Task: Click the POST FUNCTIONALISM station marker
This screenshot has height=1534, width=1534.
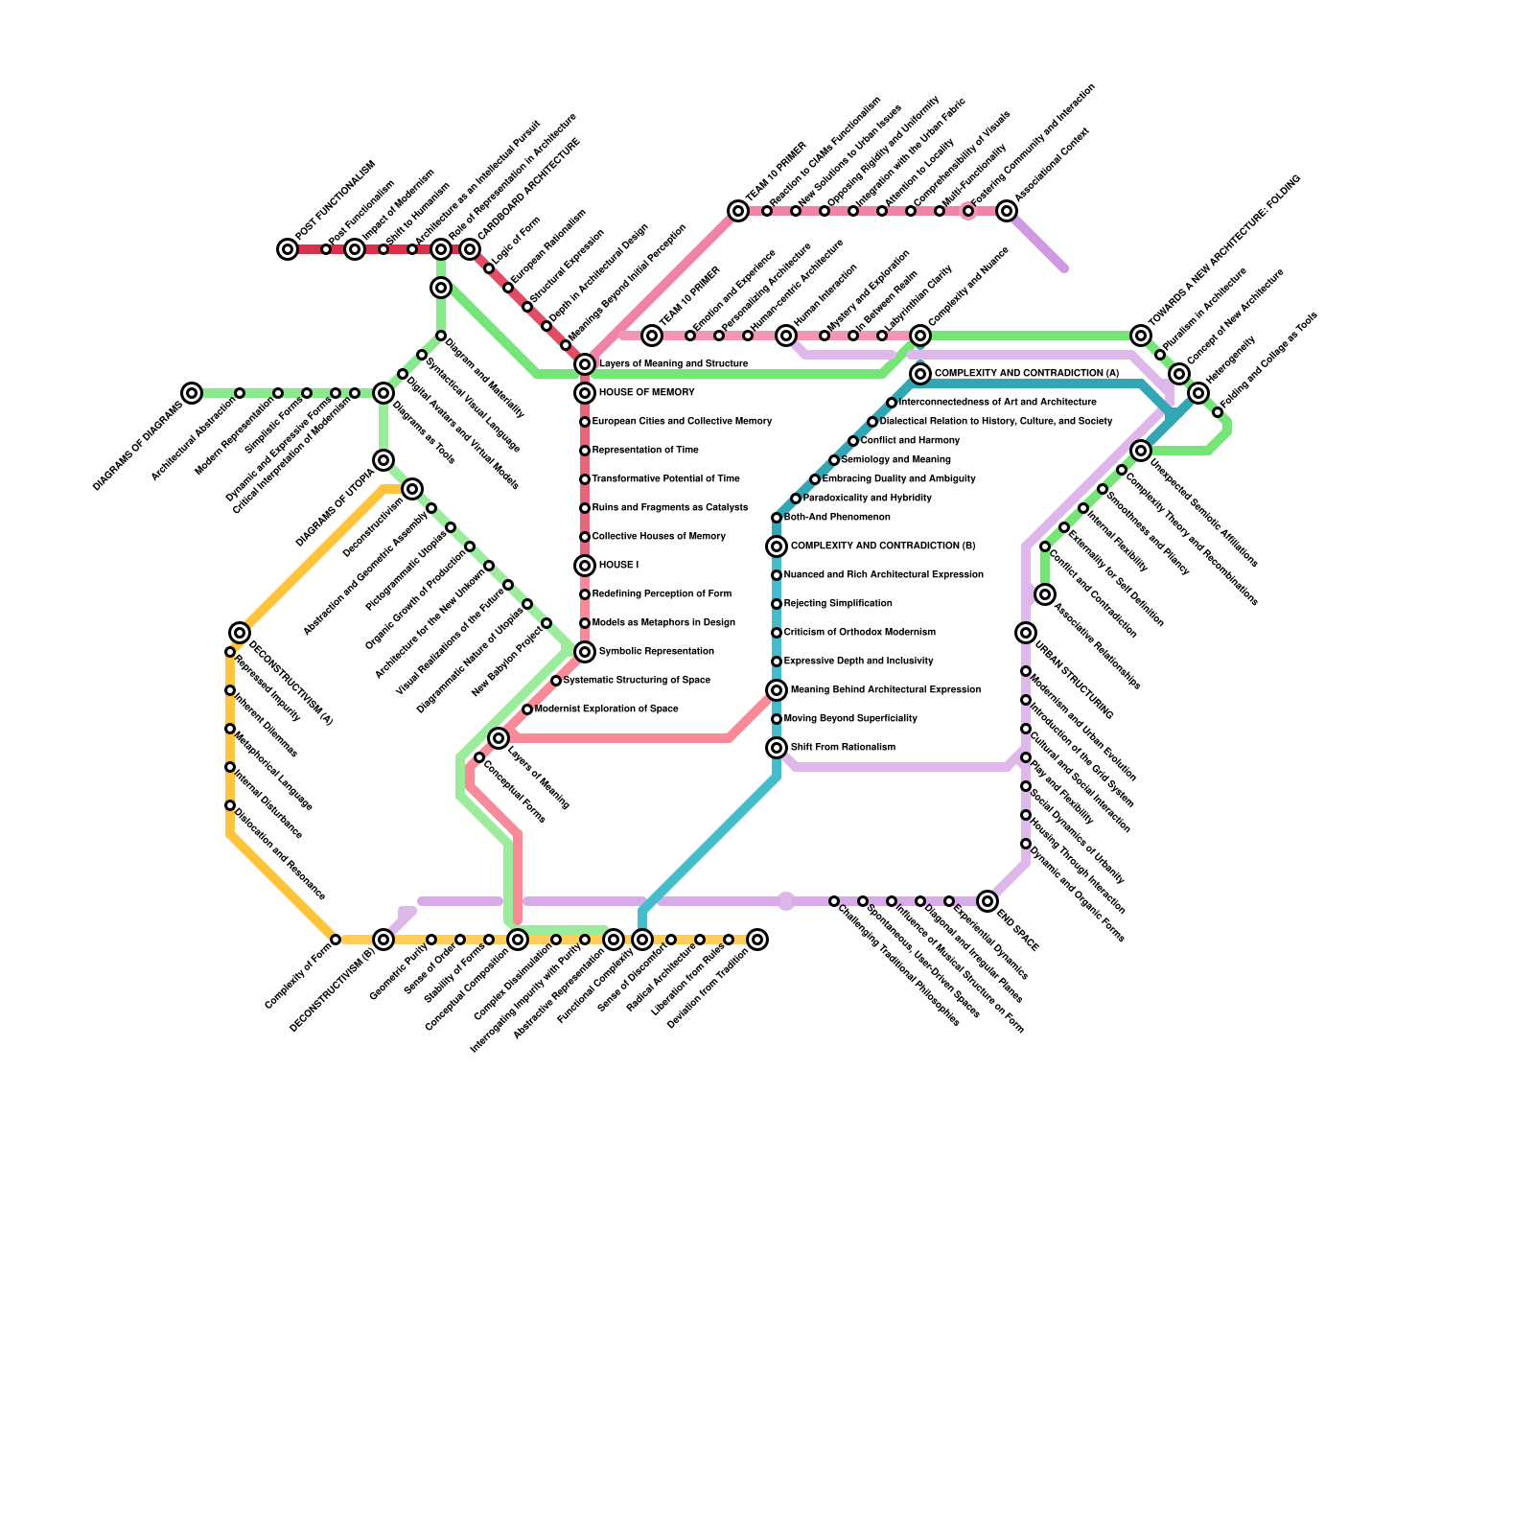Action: coord(288,249)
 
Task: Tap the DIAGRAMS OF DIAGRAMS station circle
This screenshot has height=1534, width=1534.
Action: coord(192,393)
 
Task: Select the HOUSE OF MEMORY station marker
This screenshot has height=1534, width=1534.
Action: coord(585,393)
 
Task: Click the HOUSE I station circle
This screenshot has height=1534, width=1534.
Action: coord(585,566)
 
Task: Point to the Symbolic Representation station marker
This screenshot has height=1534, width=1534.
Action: coord(585,652)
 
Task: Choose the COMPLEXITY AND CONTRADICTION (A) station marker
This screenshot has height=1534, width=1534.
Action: coord(920,374)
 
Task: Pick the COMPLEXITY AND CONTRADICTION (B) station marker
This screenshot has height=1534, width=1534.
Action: coord(777,546)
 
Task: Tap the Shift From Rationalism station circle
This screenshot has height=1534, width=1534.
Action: coord(777,748)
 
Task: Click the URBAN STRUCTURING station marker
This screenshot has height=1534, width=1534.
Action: coord(1026,633)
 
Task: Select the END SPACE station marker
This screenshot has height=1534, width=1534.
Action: coord(988,901)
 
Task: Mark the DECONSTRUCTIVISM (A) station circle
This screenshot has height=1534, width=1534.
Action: coord(240,633)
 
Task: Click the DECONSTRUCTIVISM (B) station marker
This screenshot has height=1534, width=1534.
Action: coord(383,940)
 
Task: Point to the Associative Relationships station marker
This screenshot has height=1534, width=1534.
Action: coord(1045,595)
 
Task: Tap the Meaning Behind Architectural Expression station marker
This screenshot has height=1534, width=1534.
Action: coord(777,690)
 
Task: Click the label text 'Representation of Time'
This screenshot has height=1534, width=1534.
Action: coord(644,451)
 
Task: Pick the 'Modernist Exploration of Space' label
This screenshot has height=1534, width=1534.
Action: coord(606,709)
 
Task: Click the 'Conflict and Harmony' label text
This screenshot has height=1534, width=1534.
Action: coord(910,441)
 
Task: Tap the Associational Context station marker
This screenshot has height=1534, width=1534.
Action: coord(1007,211)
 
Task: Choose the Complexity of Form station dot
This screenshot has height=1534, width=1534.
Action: coord(336,940)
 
